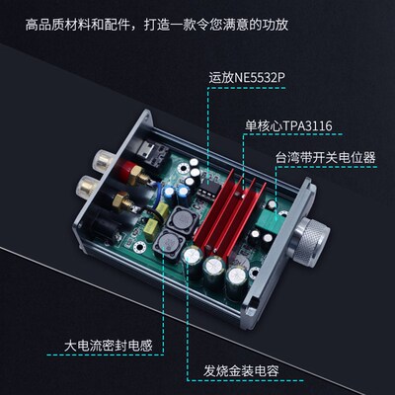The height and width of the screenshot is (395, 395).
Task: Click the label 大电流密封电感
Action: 110,346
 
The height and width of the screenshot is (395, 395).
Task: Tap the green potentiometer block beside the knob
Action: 264,233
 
